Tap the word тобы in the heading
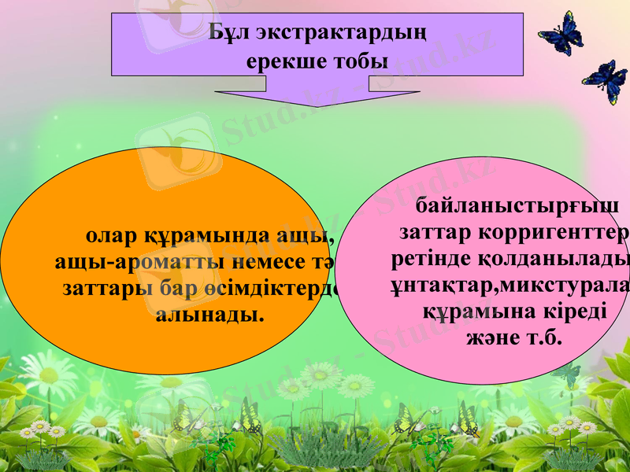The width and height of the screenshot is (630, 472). tap(361, 60)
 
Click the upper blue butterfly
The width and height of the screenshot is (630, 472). tap(561, 34)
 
